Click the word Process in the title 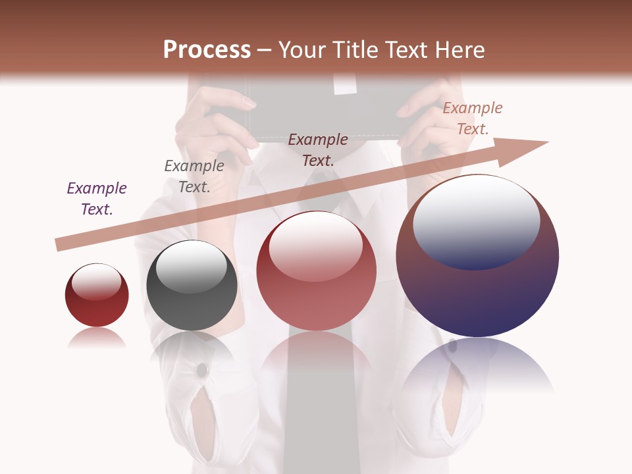click(x=207, y=50)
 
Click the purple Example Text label click(x=97, y=199)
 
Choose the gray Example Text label click(x=194, y=176)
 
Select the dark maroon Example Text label click(x=318, y=150)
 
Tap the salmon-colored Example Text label click(x=473, y=118)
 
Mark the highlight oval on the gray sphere click(x=191, y=267)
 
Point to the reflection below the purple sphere click(x=477, y=365)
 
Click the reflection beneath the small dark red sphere click(x=97, y=337)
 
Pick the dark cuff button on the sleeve click(x=202, y=370)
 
